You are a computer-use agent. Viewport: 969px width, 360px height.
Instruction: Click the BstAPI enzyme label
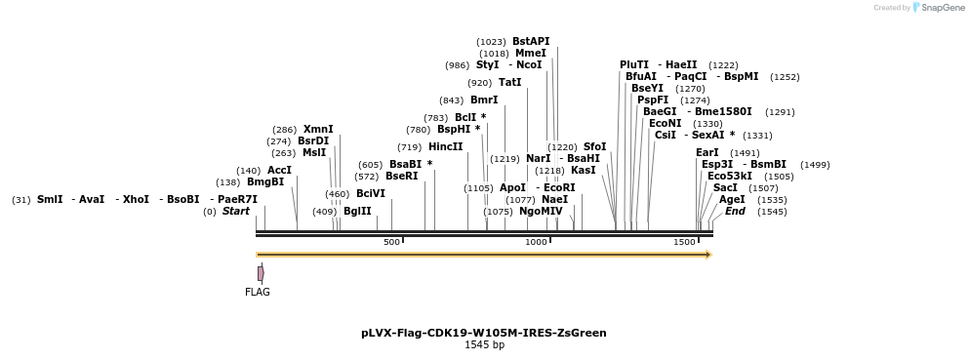531,42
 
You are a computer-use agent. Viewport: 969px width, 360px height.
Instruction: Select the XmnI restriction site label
318,129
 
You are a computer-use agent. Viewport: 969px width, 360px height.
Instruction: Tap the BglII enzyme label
357,211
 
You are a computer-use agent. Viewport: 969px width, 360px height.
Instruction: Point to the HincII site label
446,146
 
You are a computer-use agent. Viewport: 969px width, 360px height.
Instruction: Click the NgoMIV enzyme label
541,211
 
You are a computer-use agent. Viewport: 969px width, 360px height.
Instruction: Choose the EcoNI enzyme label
666,123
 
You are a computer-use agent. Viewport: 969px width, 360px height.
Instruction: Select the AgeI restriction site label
732,199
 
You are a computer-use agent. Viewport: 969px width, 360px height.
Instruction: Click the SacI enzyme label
726,187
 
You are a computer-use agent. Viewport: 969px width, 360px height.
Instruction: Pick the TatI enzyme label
510,83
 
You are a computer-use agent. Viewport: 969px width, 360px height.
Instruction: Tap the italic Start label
236,211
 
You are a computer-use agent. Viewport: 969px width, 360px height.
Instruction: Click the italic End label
735,211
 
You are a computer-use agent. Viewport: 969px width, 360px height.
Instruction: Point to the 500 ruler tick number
392,242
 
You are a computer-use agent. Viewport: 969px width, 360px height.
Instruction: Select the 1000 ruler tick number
537,242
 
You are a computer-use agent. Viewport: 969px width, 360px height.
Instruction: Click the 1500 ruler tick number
684,242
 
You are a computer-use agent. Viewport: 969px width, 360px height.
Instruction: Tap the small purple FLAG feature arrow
261,274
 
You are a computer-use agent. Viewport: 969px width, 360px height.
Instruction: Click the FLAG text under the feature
258,292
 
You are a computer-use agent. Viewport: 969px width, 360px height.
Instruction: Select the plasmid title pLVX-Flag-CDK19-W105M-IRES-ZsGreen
484,333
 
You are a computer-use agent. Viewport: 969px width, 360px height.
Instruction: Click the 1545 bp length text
484,344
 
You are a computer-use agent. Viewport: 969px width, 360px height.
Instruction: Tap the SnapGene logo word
944,8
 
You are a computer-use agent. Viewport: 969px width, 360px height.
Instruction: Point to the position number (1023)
492,42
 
